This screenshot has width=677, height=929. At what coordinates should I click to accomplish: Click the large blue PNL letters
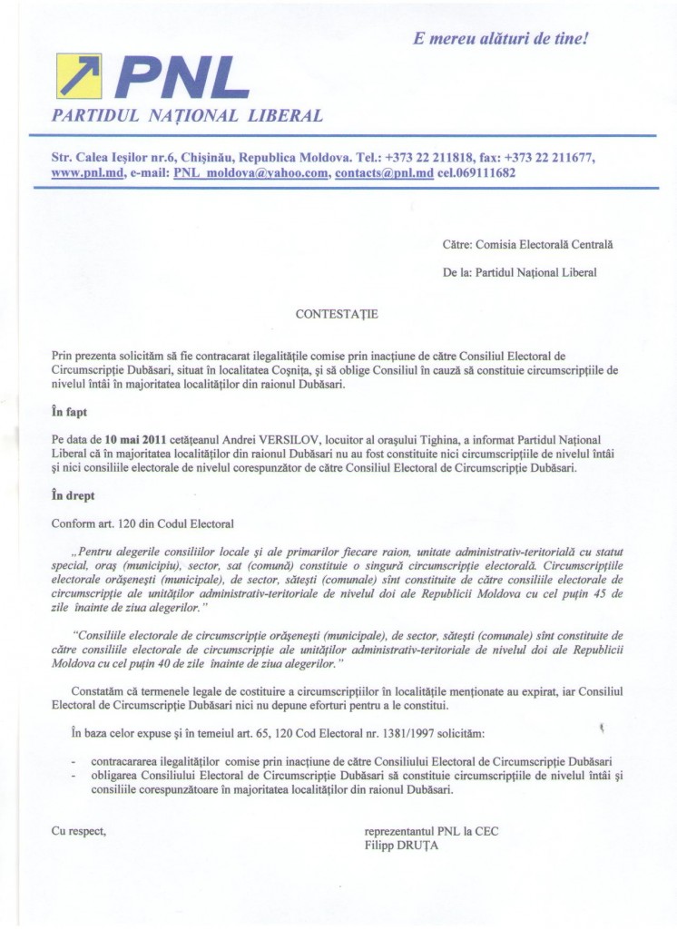(182, 79)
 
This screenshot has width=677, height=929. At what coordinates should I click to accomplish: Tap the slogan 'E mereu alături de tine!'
(500, 39)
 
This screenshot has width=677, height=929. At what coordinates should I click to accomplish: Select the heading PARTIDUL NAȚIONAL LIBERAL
(188, 116)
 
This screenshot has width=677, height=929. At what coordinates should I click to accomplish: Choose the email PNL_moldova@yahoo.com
(250, 172)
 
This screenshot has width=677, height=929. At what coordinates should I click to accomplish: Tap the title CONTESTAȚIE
(337, 314)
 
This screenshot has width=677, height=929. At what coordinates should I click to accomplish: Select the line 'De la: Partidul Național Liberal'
(520, 271)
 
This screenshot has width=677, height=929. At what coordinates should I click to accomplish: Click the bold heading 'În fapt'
(70, 412)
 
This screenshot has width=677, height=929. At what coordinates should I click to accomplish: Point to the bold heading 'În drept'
(74, 496)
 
